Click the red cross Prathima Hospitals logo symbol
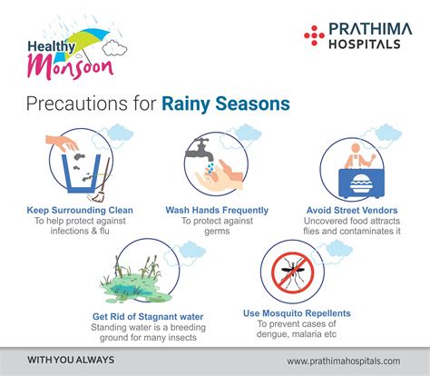coord(314,35)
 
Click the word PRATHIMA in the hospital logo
coord(370,29)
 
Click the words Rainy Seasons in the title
coord(226,104)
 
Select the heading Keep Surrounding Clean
coord(80,210)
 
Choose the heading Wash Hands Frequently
coord(217,210)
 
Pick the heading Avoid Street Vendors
coord(352,210)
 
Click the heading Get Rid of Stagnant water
coord(148,317)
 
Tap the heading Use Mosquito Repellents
coord(297,313)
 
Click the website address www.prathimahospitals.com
coord(344,361)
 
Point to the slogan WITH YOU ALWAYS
coord(71,360)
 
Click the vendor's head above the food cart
coord(356,148)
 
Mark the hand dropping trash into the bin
coord(62,143)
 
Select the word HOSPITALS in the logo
coord(365,45)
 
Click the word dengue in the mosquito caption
coord(271,334)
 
